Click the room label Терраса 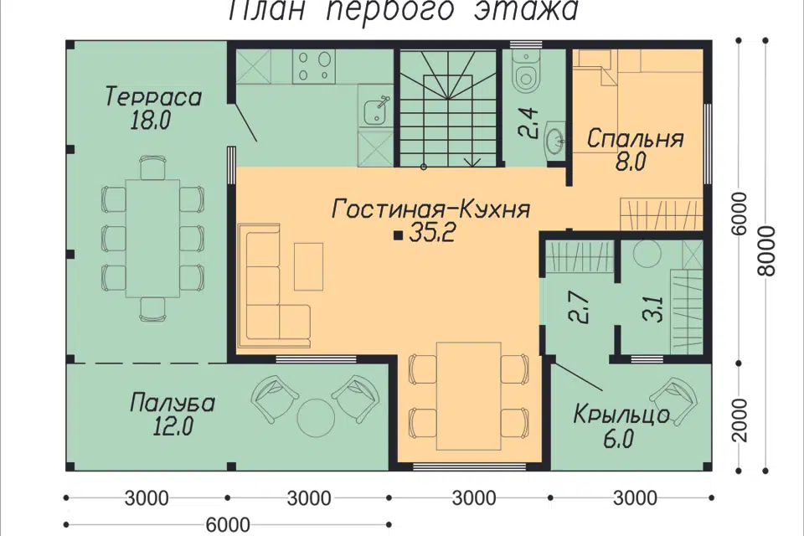[x=153, y=96]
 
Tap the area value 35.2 [x=431, y=234]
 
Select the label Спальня [x=635, y=139]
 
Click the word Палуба [x=172, y=403]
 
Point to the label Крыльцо [x=621, y=415]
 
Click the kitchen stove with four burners [x=314, y=66]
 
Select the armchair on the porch [x=680, y=398]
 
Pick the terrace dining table [x=152, y=237]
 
